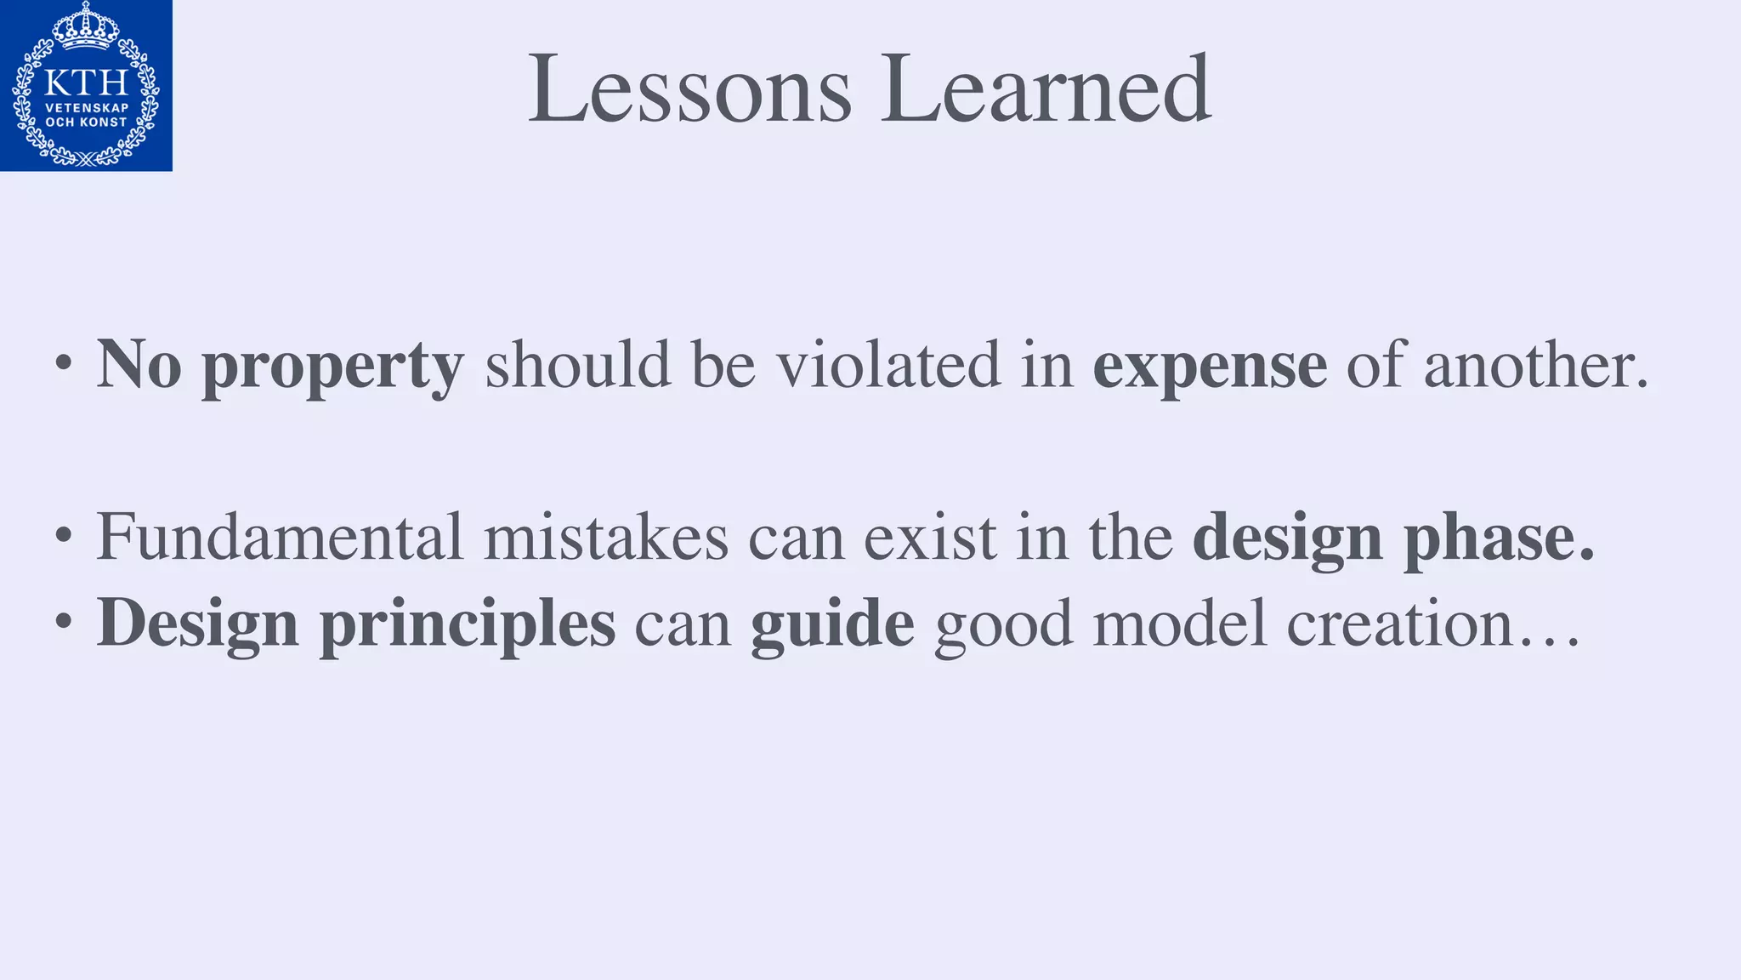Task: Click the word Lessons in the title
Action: point(689,88)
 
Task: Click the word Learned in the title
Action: point(1046,88)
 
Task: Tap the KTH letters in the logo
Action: point(86,83)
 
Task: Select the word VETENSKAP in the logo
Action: point(86,108)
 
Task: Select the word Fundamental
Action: point(280,537)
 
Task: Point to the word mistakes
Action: point(606,537)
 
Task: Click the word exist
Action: point(930,537)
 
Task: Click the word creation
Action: point(1399,624)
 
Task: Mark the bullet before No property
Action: point(63,365)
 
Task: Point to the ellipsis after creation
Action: point(1549,642)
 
